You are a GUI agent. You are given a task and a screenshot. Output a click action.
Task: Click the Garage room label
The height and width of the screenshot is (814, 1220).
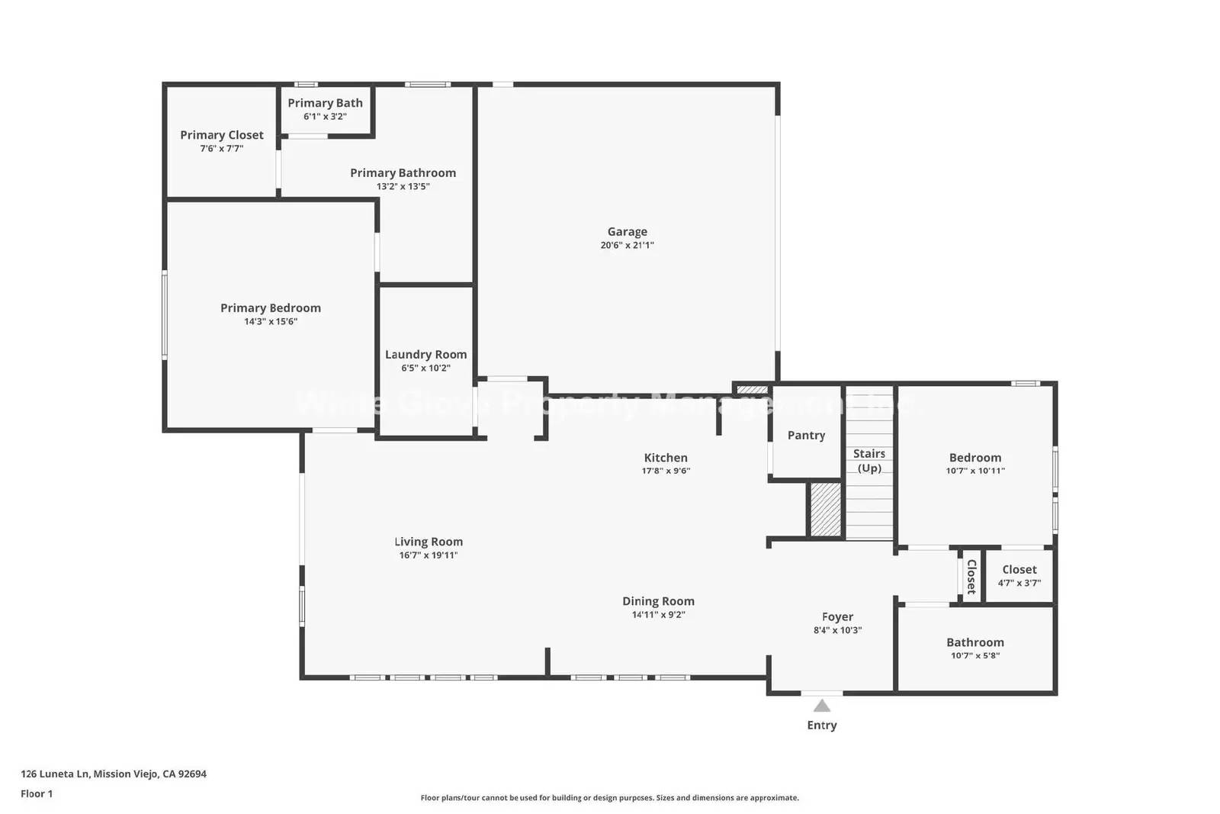[627, 231]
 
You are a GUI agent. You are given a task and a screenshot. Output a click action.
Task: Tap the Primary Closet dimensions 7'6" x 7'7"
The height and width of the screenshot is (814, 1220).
[222, 149]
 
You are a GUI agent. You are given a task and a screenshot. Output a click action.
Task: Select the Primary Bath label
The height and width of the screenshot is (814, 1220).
[325, 103]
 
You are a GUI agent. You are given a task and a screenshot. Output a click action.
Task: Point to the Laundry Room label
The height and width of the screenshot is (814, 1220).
[425, 355]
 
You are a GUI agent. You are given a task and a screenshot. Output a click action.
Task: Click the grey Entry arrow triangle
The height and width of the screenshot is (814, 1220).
[821, 706]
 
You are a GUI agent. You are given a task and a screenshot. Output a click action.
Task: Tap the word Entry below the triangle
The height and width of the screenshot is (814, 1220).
[821, 726]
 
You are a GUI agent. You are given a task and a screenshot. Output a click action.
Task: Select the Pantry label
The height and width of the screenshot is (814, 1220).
[806, 436]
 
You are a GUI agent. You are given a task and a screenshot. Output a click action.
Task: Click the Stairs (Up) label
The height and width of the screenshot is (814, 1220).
[869, 461]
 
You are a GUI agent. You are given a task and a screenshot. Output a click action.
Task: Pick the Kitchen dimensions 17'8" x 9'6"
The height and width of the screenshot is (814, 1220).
[666, 471]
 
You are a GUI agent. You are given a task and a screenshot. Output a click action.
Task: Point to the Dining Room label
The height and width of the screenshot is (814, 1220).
[658, 601]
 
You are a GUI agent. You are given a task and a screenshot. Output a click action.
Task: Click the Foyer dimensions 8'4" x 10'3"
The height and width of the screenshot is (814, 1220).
[837, 631]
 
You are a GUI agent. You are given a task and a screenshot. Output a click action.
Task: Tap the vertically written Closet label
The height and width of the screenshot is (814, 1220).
[971, 577]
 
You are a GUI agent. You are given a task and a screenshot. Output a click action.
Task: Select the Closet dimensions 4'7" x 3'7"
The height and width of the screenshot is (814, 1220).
[1019, 583]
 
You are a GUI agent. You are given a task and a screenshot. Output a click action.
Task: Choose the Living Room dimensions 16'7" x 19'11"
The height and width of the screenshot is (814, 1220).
[429, 555]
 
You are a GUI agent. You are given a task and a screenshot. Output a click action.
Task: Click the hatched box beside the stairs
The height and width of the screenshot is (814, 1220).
[825, 510]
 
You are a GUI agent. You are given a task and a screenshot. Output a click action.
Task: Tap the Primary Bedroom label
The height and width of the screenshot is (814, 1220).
[271, 308]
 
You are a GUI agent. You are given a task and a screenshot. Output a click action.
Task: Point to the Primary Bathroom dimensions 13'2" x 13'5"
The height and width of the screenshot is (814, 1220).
[403, 187]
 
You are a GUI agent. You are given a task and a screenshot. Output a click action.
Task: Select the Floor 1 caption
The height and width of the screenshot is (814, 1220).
[37, 794]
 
